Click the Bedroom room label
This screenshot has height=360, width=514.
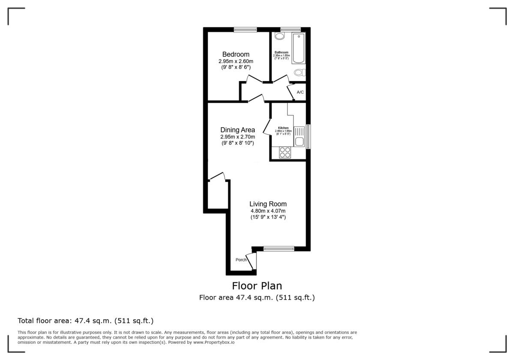tap(236, 54)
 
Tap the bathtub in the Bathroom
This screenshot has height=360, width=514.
tap(297, 48)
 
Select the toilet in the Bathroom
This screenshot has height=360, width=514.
tap(299, 72)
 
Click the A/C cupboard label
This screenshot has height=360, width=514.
tap(300, 92)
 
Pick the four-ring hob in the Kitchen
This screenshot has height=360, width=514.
tap(285, 152)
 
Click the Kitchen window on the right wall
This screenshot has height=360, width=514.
tap(308, 137)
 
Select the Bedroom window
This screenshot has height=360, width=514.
tap(245, 30)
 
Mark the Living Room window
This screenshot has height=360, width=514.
tap(279, 248)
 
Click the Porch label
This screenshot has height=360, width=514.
tap(241, 260)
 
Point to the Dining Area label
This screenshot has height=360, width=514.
tap(238, 130)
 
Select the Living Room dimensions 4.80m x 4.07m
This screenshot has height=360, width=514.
tap(268, 211)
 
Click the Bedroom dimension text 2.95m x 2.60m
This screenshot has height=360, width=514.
tap(236, 61)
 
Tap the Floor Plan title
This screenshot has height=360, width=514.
tap(257, 285)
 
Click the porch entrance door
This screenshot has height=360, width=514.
tap(253, 261)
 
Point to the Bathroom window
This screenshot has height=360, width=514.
tap(290, 30)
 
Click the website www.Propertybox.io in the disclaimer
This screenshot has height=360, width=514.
tap(213, 342)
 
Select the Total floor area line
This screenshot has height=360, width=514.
tap(85, 321)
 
